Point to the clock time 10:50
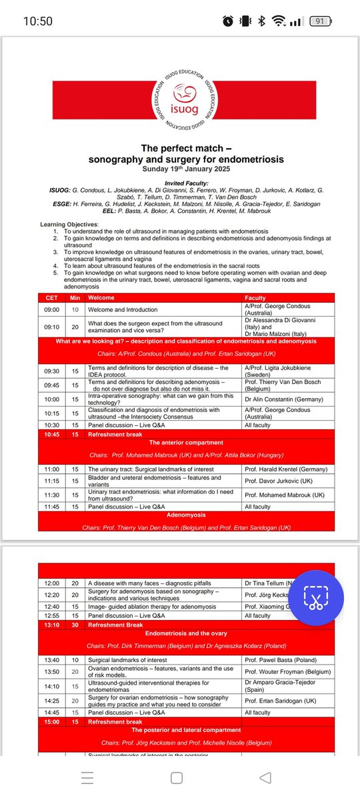(38, 21)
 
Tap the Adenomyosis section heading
(186, 515)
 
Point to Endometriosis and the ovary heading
(186, 633)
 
